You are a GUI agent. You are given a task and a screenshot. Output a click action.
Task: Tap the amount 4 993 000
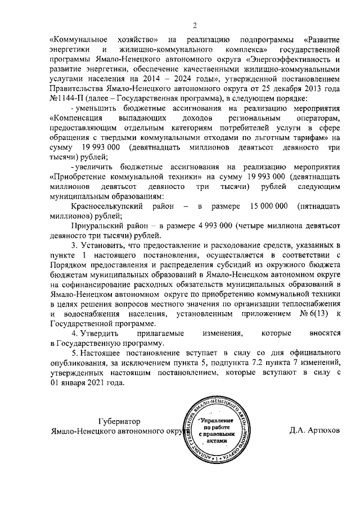pyautogui.click(x=216, y=226)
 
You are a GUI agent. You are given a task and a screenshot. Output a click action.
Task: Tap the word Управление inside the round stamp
pyautogui.click(x=216, y=421)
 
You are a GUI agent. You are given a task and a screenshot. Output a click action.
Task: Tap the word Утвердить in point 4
pyautogui.click(x=103, y=334)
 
